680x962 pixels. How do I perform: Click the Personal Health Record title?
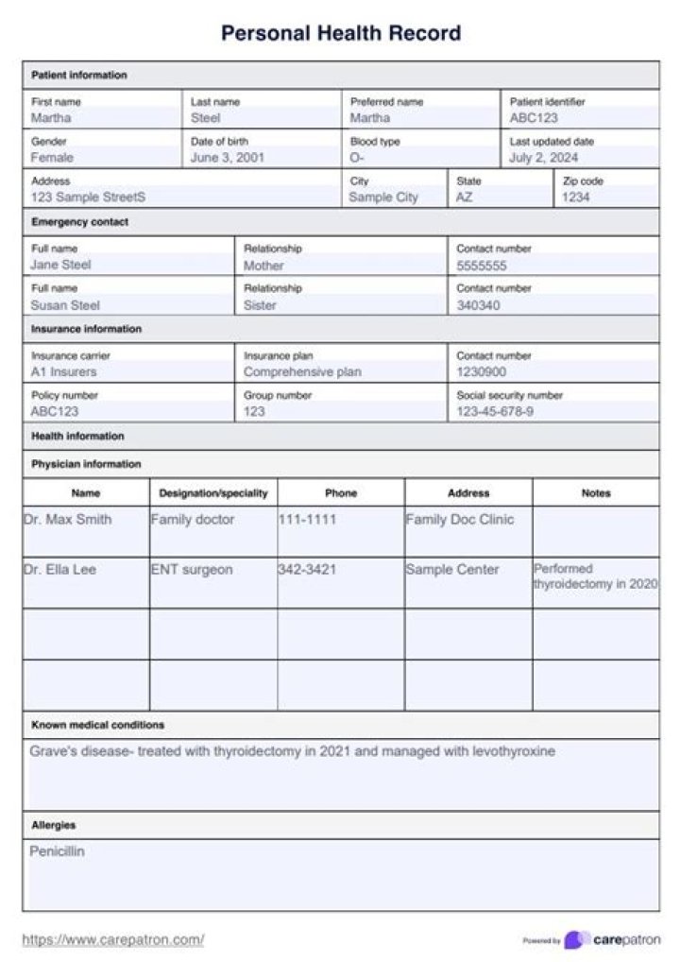[340, 33]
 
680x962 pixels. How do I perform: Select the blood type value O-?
[357, 158]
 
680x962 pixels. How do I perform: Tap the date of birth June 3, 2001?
[227, 158]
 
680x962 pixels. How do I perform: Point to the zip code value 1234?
[576, 198]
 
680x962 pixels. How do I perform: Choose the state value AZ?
[464, 198]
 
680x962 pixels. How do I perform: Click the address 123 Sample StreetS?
[88, 198]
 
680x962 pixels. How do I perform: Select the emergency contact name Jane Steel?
[60, 266]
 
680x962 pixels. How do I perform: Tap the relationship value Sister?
[261, 305]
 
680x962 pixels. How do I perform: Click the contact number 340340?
[479, 305]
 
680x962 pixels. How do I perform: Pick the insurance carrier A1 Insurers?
[63, 372]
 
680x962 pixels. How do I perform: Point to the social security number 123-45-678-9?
[495, 412]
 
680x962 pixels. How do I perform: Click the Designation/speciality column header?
[213, 492]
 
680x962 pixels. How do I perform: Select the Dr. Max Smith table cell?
[67, 519]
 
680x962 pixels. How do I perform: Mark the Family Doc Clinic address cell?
[460, 519]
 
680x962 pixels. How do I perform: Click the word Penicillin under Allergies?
[57, 851]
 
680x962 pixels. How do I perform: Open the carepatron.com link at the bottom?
[112, 939]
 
